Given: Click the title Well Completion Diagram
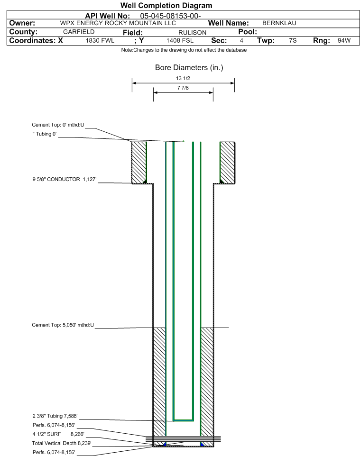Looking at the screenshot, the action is [x=166, y=6].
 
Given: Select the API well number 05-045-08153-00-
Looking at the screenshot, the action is [x=171, y=16].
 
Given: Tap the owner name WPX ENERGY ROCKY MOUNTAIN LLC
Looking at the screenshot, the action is [x=118, y=23].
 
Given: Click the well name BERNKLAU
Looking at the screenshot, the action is [x=279, y=23].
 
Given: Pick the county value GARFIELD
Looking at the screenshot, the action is [x=79, y=32].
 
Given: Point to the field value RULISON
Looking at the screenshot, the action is [x=193, y=33].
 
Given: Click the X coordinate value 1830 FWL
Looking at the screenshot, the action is [x=100, y=41].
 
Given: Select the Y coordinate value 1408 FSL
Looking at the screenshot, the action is [x=180, y=41].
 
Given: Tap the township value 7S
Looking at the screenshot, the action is [x=293, y=41].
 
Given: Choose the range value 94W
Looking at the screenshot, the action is [x=344, y=41].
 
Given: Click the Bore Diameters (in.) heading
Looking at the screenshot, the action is [x=189, y=68].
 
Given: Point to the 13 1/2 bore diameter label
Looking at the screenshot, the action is [x=183, y=78].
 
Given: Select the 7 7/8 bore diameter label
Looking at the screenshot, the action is [x=183, y=88].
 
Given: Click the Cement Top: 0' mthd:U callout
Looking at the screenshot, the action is [x=58, y=125].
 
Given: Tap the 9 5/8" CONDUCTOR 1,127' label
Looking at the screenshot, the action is [x=65, y=180].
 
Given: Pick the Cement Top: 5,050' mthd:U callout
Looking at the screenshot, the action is [x=63, y=325].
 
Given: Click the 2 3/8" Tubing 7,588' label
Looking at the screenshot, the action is [x=55, y=416].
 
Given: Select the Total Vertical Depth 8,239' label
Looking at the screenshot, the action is [x=62, y=444].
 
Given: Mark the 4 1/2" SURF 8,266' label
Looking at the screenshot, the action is [x=58, y=434].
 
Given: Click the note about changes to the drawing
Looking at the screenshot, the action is [x=184, y=50].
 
